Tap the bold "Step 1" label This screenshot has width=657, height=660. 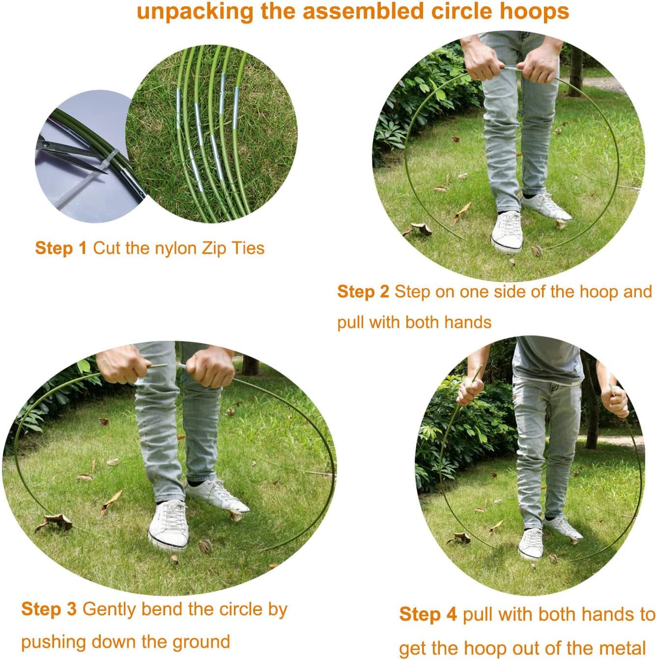pyautogui.click(x=61, y=248)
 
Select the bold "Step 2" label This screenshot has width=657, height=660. pyautogui.click(x=363, y=292)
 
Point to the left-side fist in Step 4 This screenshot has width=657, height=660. pyautogui.click(x=470, y=390)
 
